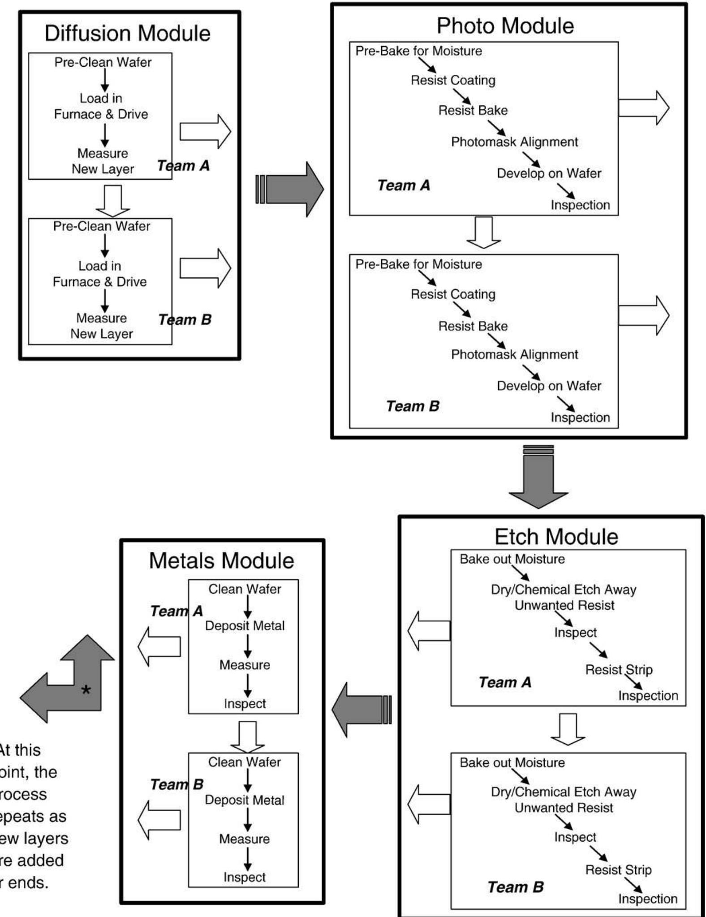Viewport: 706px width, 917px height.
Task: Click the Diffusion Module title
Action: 128,34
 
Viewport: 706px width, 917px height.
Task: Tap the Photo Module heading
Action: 505,26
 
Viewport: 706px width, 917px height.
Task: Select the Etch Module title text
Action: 556,536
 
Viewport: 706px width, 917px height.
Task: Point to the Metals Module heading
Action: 221,560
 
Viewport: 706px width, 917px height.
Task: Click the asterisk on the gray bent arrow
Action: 86,690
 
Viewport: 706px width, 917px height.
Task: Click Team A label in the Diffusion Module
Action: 183,166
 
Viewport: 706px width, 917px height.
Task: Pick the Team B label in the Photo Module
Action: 413,406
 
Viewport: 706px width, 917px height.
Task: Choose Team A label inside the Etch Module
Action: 505,682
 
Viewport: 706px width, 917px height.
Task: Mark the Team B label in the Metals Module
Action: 176,784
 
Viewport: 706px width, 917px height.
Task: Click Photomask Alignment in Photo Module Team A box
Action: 514,142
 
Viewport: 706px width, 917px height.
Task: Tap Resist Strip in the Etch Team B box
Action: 618,870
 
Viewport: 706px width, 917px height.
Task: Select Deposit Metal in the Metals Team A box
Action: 245,626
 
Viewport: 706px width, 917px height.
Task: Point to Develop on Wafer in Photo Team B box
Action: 549,386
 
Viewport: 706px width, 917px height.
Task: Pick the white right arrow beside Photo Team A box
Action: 644,108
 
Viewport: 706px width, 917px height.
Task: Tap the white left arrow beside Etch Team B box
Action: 429,804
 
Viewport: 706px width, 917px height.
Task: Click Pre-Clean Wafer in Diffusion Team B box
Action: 102,226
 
